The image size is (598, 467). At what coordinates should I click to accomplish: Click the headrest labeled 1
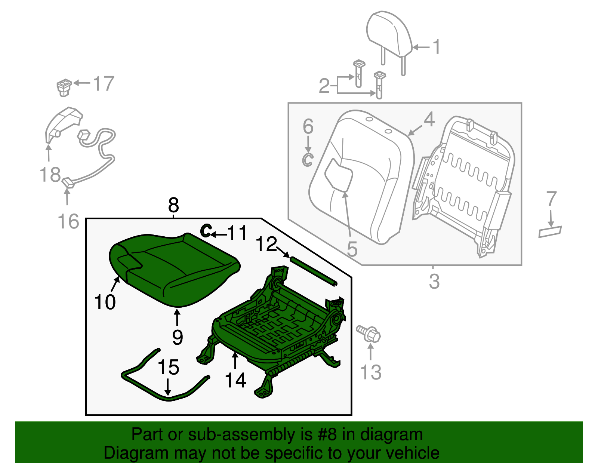pyautogui.click(x=389, y=34)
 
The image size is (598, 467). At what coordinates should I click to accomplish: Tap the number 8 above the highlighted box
pyautogui.click(x=173, y=205)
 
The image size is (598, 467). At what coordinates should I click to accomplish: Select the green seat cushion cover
pyautogui.click(x=176, y=269)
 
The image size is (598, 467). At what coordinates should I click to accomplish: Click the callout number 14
pyautogui.click(x=235, y=380)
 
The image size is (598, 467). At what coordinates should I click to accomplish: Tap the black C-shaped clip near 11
pyautogui.click(x=206, y=230)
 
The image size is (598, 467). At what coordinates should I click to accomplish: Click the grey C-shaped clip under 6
pyautogui.click(x=307, y=159)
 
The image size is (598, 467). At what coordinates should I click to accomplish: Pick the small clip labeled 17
pyautogui.click(x=64, y=87)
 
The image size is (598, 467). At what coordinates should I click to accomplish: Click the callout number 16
pyautogui.click(x=69, y=221)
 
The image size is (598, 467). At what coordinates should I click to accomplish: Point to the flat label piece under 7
pyautogui.click(x=550, y=232)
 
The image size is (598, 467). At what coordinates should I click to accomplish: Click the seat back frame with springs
pyautogui.click(x=463, y=183)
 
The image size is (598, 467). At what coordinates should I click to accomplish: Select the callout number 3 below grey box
pyautogui.click(x=434, y=281)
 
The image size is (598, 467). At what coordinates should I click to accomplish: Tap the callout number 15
pyautogui.click(x=168, y=367)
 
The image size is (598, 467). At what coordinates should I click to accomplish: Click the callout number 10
pyautogui.click(x=105, y=302)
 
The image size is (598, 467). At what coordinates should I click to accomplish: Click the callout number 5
pyautogui.click(x=352, y=249)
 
